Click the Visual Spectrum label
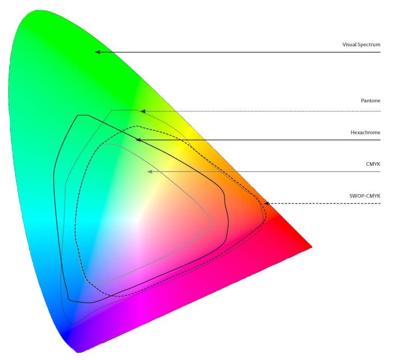point(361,44)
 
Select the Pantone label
point(371,100)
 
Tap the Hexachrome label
point(365,132)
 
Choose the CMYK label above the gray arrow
point(373,164)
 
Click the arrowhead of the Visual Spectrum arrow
point(97,52)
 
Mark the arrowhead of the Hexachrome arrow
point(138,140)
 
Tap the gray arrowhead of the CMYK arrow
point(149,171)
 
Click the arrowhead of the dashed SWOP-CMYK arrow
point(266,204)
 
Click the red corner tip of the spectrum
point(312,247)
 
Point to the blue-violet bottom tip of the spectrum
point(78,351)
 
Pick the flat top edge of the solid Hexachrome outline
point(82,115)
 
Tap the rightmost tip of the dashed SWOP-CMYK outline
point(266,216)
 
